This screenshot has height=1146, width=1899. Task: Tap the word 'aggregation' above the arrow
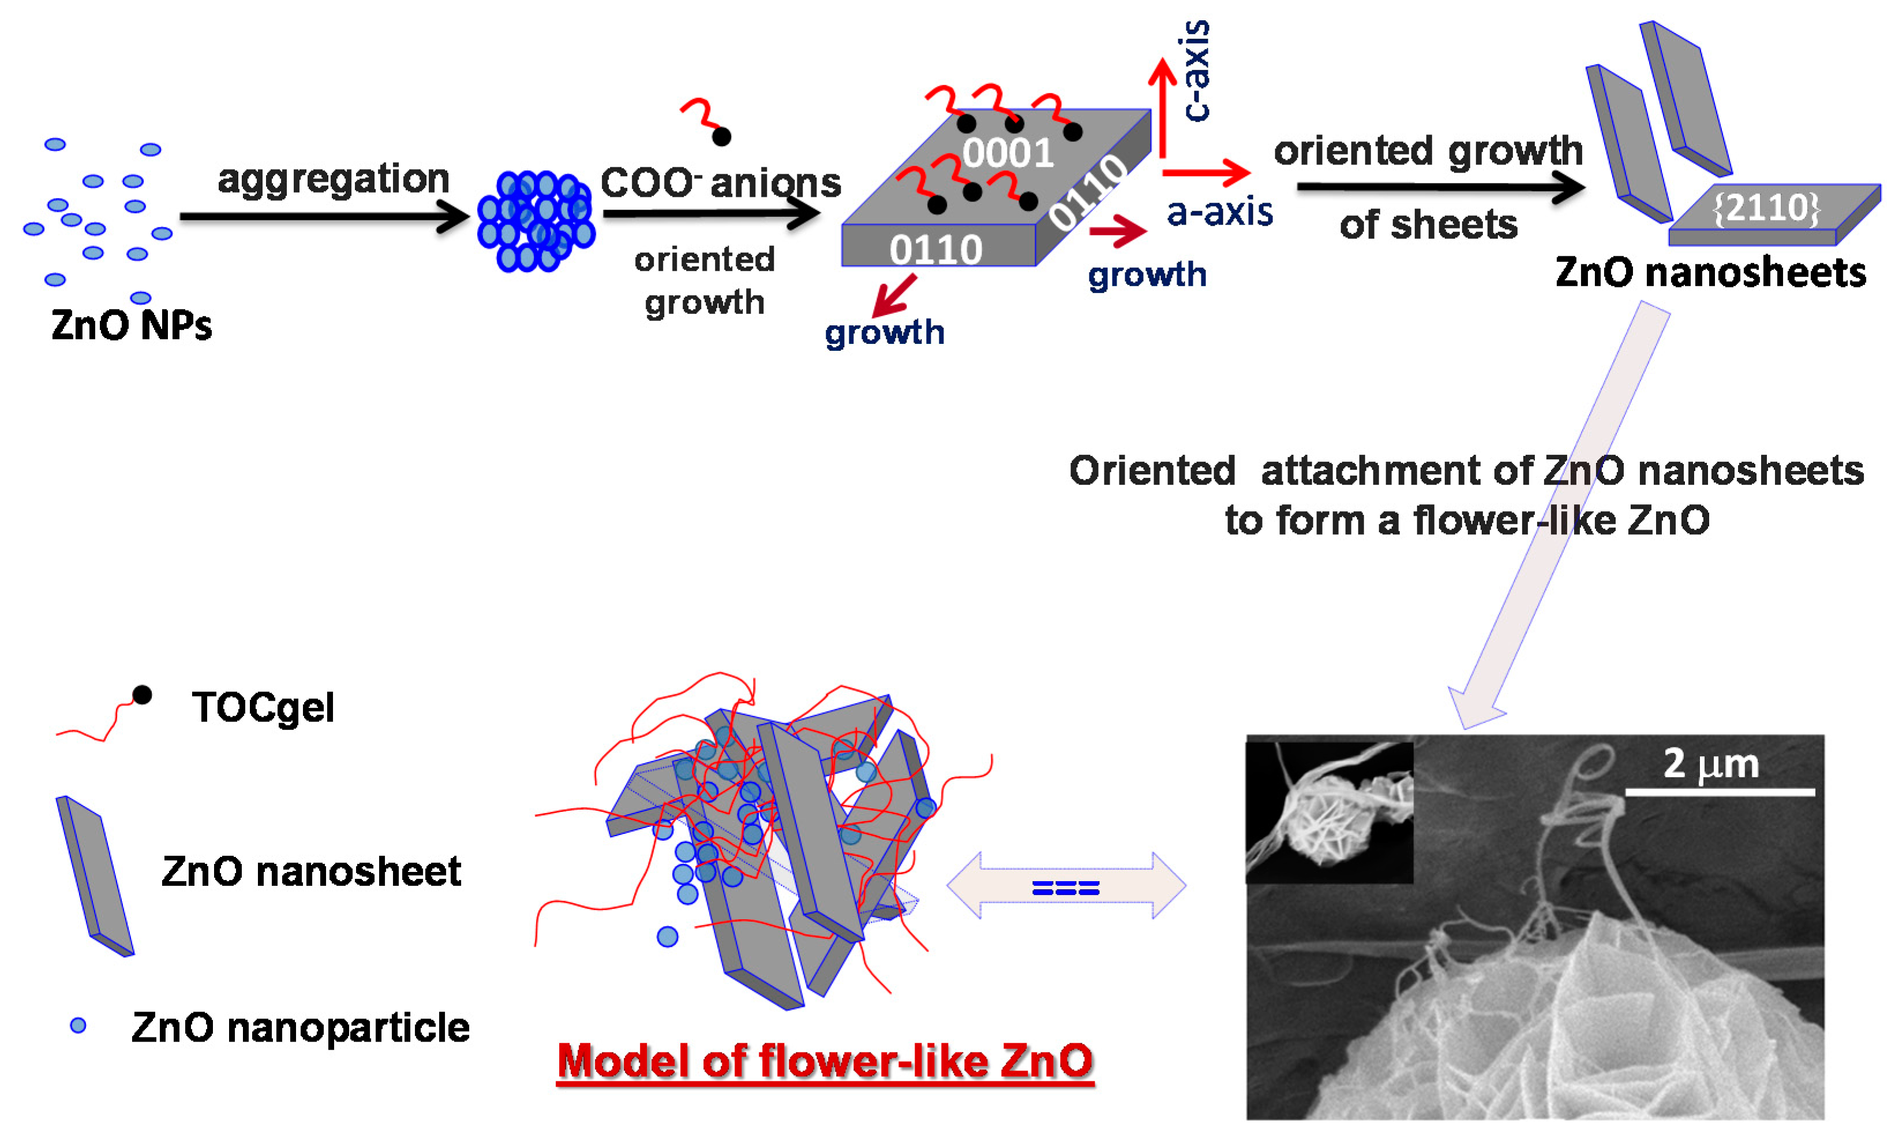(x=333, y=179)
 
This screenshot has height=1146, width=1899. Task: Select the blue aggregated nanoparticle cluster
(x=535, y=221)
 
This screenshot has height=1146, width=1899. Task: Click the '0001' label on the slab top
(x=1007, y=152)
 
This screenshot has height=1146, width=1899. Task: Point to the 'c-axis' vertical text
(x=1196, y=71)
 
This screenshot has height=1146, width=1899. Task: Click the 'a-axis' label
(x=1219, y=211)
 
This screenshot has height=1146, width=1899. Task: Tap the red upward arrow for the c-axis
(x=1162, y=108)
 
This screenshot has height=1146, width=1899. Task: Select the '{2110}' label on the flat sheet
(x=1766, y=207)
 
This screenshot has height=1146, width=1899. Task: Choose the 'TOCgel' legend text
(x=263, y=707)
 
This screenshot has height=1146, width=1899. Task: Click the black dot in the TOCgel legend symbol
(x=142, y=695)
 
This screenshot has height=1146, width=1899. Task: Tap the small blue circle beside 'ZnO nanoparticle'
(x=78, y=1025)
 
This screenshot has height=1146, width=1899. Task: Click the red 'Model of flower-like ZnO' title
(x=825, y=1061)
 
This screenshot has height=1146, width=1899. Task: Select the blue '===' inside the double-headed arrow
(x=1065, y=889)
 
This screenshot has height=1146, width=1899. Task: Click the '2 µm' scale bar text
(x=1711, y=764)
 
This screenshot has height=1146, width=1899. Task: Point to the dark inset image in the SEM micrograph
(x=1329, y=811)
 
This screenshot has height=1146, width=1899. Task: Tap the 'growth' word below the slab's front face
(x=884, y=332)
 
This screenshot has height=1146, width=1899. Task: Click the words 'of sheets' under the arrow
(x=1428, y=224)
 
